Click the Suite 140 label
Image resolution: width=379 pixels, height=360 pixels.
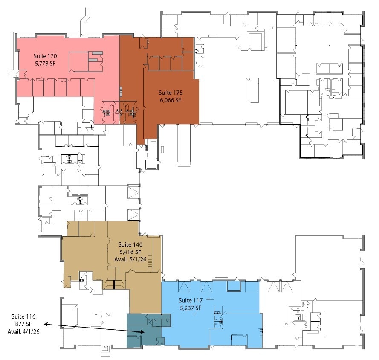click(130, 244)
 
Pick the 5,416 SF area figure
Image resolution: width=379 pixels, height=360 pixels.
click(130, 252)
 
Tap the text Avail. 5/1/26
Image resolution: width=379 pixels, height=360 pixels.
click(130, 259)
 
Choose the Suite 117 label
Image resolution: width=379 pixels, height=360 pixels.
click(190, 300)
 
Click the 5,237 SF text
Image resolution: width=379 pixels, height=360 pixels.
click(190, 308)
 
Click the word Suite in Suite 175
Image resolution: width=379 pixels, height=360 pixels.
click(165, 93)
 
